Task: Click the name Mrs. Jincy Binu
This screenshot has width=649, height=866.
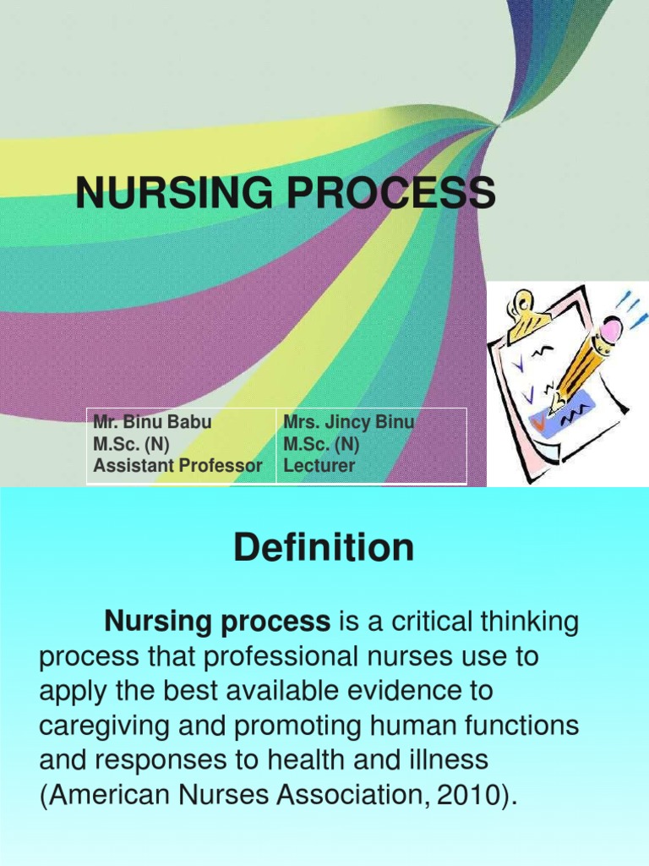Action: (x=348, y=422)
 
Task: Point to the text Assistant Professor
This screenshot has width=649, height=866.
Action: (x=178, y=465)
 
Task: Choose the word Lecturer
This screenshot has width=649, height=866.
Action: (x=319, y=465)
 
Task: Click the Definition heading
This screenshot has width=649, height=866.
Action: (x=324, y=548)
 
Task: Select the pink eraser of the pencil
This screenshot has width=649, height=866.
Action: (x=611, y=328)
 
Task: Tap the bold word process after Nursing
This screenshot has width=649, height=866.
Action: (x=279, y=623)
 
